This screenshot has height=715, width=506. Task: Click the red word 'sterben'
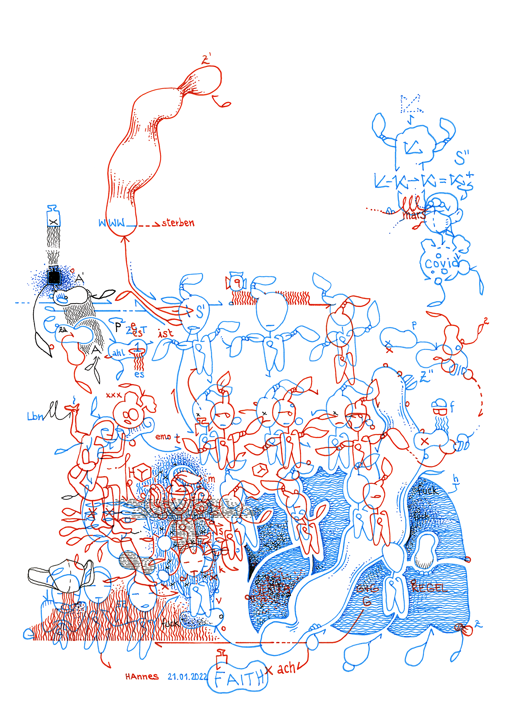pyautogui.click(x=178, y=223)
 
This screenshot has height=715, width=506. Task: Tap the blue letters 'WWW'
pyautogui.click(x=112, y=223)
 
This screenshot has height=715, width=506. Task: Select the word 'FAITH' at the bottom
pyautogui.click(x=239, y=678)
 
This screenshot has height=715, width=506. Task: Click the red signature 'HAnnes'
pyautogui.click(x=142, y=676)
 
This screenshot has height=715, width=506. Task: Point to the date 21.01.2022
pyautogui.click(x=188, y=676)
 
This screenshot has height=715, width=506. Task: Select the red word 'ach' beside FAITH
pyautogui.click(x=286, y=668)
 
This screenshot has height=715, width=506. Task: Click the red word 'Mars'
pyautogui.click(x=414, y=215)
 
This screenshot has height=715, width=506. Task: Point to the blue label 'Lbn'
pyautogui.click(x=35, y=416)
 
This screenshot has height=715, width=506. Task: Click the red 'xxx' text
pyautogui.click(x=114, y=395)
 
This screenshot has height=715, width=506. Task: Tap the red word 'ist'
pyautogui.click(x=166, y=334)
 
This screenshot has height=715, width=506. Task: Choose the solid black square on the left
pyautogui.click(x=54, y=277)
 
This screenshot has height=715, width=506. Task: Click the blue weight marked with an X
pyautogui.click(x=53, y=218)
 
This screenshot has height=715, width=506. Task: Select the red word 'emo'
pyautogui.click(x=163, y=437)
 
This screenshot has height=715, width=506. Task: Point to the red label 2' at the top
pyautogui.click(x=206, y=59)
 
